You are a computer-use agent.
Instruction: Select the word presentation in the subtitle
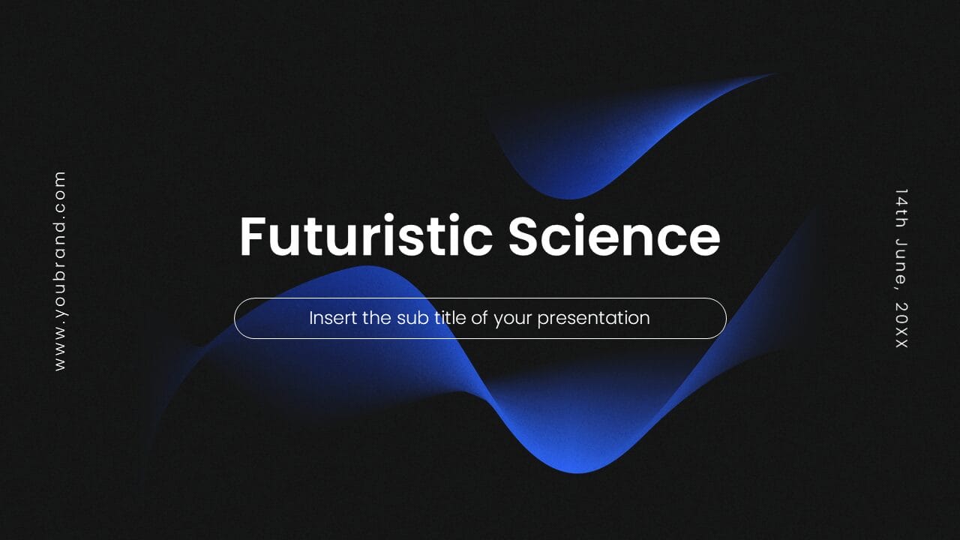tap(593, 318)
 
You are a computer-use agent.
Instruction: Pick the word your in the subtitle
tap(512, 319)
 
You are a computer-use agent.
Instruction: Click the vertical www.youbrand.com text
tap(60, 271)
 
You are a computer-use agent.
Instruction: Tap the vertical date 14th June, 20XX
tap(901, 268)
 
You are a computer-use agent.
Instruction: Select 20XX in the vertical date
tap(901, 325)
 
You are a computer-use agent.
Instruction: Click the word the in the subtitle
tap(377, 318)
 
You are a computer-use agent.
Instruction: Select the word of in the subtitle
tap(479, 318)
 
